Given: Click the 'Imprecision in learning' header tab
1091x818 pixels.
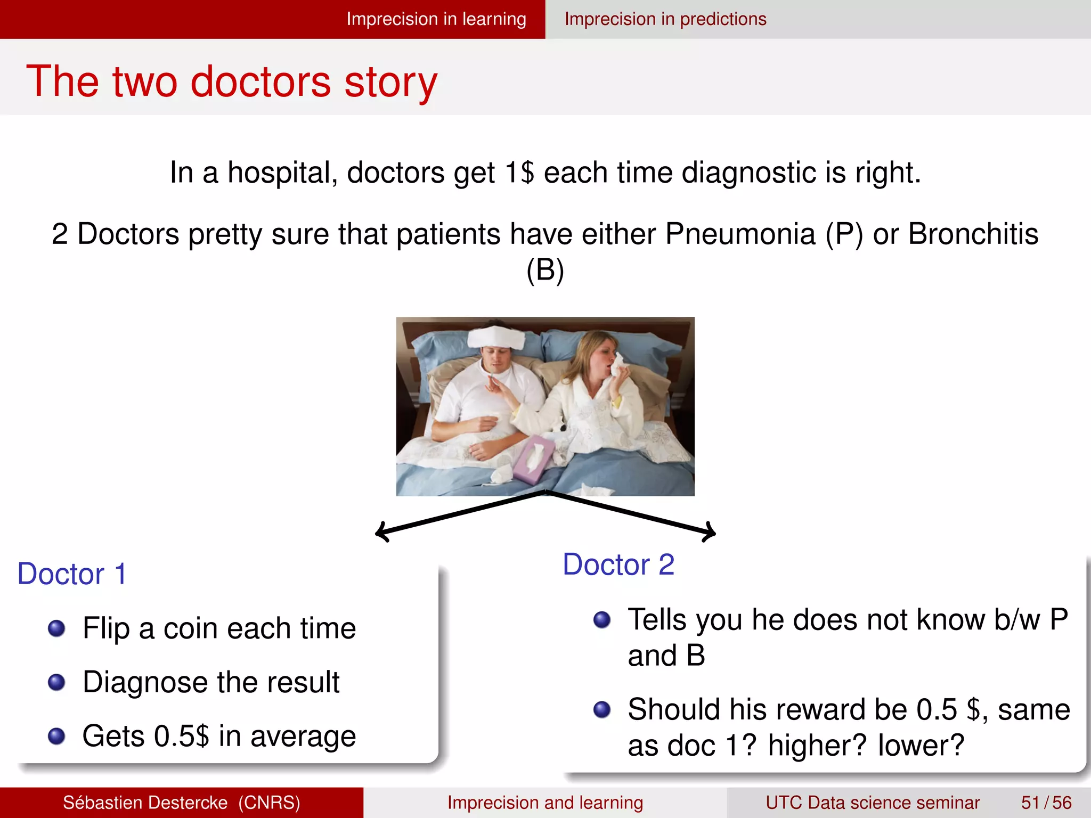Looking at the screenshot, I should (x=436, y=19).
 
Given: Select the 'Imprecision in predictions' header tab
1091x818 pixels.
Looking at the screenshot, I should (x=665, y=19).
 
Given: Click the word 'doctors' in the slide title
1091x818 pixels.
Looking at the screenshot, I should (x=261, y=82).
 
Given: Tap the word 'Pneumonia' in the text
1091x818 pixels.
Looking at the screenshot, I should (x=740, y=234).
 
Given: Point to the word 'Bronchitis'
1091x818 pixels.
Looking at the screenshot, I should (x=973, y=234).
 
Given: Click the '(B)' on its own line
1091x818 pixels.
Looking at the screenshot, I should (x=545, y=271).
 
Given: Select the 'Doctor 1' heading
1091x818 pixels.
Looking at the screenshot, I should (x=72, y=574).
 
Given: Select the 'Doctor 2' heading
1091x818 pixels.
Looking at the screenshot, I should (x=618, y=565).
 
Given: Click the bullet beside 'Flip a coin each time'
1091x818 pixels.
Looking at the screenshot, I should (x=56, y=628).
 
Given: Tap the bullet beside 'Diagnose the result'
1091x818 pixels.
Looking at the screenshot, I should (x=56, y=682).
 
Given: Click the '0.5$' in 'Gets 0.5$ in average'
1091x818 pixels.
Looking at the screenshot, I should (x=181, y=737).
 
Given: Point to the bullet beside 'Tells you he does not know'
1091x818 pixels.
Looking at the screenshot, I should (x=602, y=619).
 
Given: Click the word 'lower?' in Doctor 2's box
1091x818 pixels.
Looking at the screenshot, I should (x=921, y=745).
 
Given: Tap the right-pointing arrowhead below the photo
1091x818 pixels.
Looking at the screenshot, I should (x=711, y=532).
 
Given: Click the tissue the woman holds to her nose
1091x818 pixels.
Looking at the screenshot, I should (x=619, y=365).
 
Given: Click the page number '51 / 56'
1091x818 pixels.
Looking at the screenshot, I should (x=1046, y=803).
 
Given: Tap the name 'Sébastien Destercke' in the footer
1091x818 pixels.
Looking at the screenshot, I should (x=145, y=803).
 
